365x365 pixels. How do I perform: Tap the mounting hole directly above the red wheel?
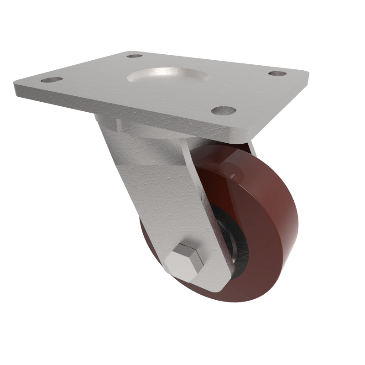(224, 110)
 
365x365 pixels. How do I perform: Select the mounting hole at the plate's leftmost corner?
(52, 80)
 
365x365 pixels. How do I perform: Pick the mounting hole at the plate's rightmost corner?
(277, 73)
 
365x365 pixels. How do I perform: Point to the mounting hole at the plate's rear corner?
(134, 56)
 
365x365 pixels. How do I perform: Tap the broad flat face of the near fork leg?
(164, 196)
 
